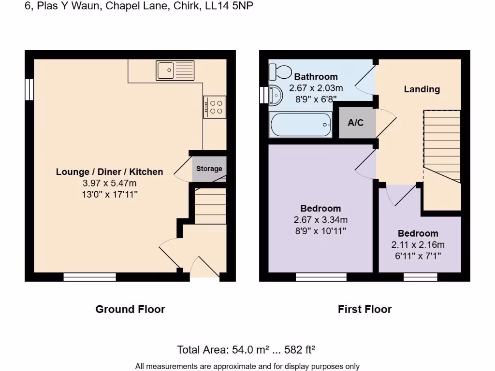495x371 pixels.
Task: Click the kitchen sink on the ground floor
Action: [x=175, y=71]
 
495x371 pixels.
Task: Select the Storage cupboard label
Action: [x=209, y=169]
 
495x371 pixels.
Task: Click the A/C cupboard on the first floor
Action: [x=355, y=123]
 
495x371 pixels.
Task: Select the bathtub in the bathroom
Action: [x=301, y=125]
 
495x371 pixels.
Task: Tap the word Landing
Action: [x=422, y=89]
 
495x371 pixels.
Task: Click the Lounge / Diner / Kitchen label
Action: [x=110, y=172]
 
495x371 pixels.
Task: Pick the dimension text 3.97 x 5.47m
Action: [x=110, y=183]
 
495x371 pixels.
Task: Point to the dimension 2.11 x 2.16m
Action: [x=418, y=244]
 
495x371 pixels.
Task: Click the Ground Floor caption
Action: [x=130, y=309]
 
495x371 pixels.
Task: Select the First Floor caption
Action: [x=364, y=309]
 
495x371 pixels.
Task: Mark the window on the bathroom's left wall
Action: [x=263, y=95]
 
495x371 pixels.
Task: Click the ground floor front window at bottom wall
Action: [x=89, y=277]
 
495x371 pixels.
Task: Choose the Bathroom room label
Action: [x=316, y=77]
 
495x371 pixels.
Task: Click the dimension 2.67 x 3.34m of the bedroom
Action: [x=320, y=220]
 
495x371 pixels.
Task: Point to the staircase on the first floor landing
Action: [x=442, y=150]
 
